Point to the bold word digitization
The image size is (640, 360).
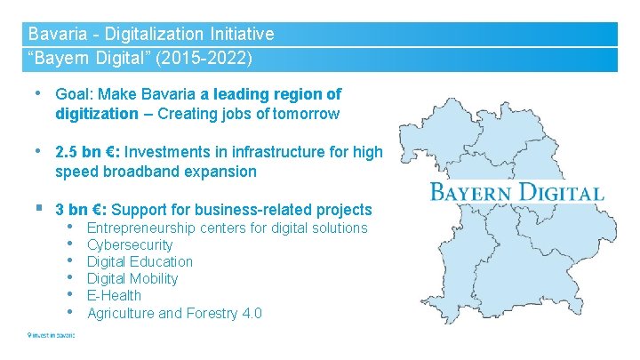[96, 114]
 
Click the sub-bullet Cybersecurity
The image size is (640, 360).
[130, 244]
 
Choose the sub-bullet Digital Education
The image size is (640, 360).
[140, 261]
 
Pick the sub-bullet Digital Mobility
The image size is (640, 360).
[132, 278]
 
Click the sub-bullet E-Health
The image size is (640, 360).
[114, 295]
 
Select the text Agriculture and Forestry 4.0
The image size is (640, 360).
[174, 313]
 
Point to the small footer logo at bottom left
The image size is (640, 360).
[51, 335]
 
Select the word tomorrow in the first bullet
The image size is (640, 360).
[306, 114]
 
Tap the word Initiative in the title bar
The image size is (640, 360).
[240, 35]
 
